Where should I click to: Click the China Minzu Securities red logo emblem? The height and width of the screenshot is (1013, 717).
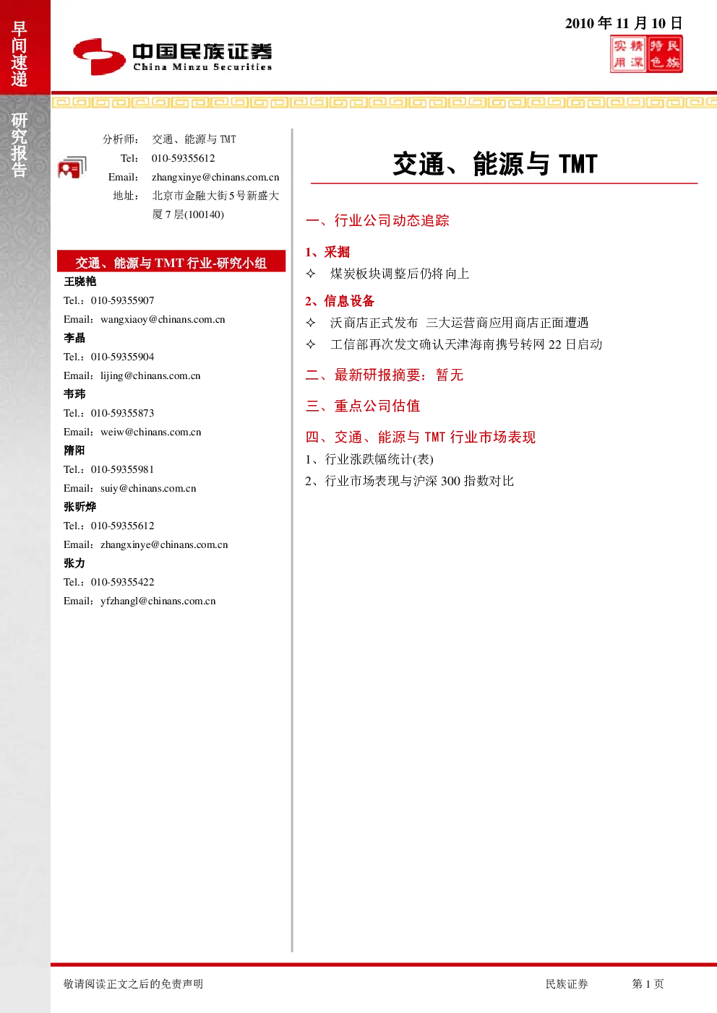[99, 56]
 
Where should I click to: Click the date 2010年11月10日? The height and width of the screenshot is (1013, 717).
[623, 22]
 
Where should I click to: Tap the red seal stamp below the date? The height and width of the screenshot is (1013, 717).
[646, 54]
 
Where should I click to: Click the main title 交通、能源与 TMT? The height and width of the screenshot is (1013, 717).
[495, 164]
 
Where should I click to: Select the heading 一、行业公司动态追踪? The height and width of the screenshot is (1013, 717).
[377, 220]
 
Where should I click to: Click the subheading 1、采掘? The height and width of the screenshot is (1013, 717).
[327, 252]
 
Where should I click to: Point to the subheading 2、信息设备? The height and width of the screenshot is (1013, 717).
[340, 301]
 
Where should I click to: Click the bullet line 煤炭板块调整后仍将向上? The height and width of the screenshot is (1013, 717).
[399, 274]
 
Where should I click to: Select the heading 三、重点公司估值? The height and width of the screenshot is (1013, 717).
[363, 406]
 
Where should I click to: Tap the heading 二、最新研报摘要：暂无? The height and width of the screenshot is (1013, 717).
[385, 375]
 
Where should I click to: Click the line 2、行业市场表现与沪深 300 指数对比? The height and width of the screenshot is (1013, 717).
[409, 481]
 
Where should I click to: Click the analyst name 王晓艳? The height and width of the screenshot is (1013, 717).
[80, 282]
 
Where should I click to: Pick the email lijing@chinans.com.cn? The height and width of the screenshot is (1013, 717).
[150, 375]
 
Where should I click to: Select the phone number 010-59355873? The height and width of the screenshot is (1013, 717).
[122, 413]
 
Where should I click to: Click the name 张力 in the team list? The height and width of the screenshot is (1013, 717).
[74, 563]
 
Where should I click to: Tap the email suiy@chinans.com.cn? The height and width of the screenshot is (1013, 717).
[148, 488]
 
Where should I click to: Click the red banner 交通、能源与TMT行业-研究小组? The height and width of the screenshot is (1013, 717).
[171, 262]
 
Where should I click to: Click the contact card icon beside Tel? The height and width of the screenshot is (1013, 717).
[72, 168]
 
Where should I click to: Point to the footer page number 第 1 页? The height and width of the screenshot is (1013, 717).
[648, 983]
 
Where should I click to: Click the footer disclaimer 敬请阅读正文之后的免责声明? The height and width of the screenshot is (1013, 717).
[133, 983]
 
